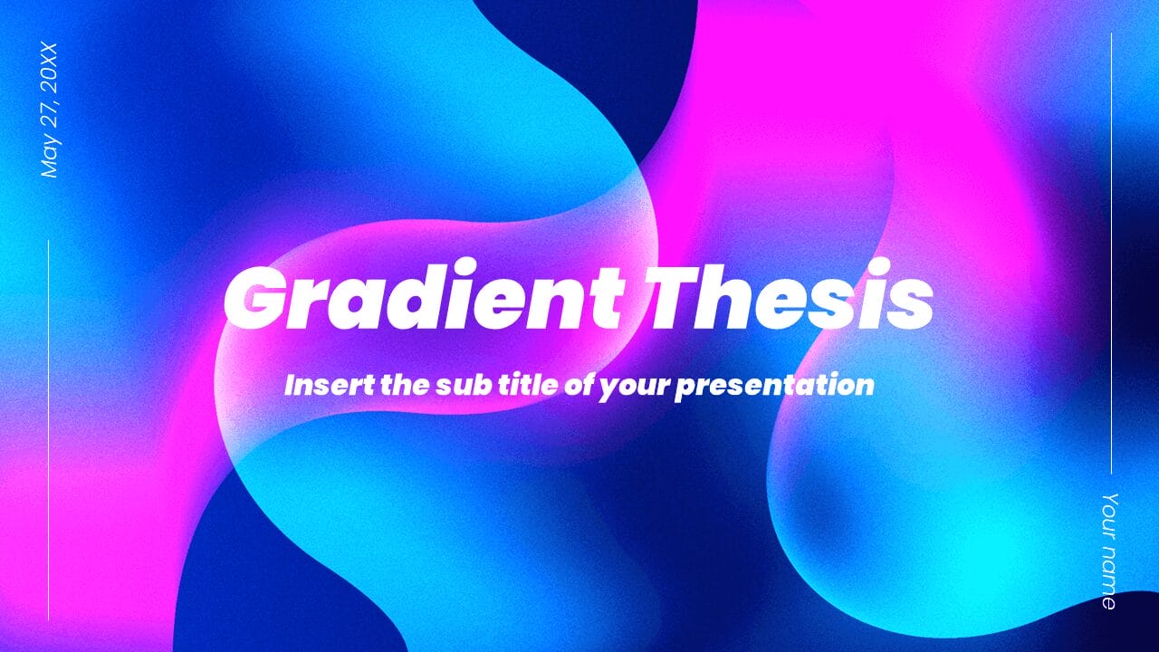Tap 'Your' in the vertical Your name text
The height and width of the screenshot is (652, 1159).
(x=1110, y=516)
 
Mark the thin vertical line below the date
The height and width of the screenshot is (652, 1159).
(x=48, y=430)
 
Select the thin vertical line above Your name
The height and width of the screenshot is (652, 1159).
(x=1111, y=254)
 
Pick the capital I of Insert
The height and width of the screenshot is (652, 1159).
(x=291, y=385)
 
